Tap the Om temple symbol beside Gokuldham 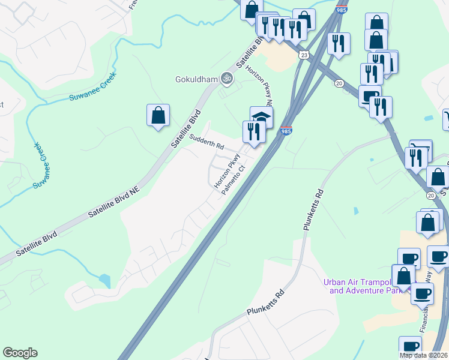(226, 77)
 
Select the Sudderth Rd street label (206, 142)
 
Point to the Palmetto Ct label (234, 179)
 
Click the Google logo (20, 353)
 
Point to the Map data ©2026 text (424, 355)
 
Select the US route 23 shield (305, 55)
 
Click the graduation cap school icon (261, 116)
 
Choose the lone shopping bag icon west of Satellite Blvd (158, 115)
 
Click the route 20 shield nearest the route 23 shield (339, 83)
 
